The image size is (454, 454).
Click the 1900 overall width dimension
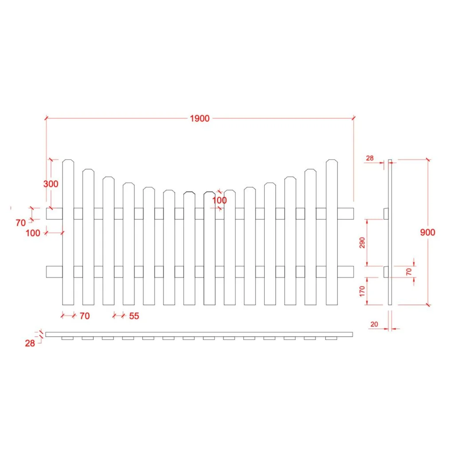[x=200, y=118]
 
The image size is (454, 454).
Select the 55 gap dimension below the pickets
[x=134, y=316]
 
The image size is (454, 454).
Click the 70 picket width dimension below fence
[x=84, y=316]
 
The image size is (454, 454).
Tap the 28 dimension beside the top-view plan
[x=30, y=343]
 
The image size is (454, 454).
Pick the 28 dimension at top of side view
[x=370, y=158]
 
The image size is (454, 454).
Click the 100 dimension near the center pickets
[x=219, y=200]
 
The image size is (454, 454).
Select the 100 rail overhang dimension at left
[x=33, y=233]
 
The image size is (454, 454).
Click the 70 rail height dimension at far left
[x=20, y=223]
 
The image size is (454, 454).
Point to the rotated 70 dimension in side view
[x=409, y=271]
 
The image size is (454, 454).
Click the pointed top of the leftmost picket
[x=68, y=160]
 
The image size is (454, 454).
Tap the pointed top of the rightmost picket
[x=332, y=160]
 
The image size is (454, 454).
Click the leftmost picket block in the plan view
[x=67, y=338]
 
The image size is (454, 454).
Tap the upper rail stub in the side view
[x=386, y=213]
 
